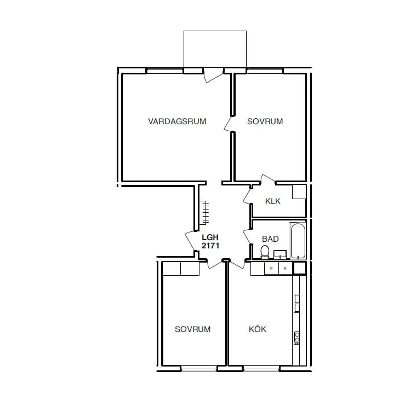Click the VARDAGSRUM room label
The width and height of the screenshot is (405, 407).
[177, 121]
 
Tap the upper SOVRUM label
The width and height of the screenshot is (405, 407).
[265, 121]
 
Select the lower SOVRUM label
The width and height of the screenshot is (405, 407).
[192, 329]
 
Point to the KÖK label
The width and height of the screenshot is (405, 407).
[258, 329]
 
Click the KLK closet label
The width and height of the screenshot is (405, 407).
[272, 201]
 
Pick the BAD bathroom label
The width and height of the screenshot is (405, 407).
[270, 239]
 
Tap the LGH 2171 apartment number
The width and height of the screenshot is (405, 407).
[210, 242]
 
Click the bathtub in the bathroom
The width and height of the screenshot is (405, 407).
[299, 241]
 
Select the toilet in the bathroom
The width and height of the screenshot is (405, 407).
[265, 252]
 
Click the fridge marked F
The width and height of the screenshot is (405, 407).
[271, 268]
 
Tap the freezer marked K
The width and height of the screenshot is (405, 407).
[285, 268]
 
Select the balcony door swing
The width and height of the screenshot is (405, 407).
[213, 76]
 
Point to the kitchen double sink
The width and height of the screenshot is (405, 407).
[297, 303]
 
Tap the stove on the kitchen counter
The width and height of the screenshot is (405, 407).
[297, 337]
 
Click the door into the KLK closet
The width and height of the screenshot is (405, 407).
[248, 196]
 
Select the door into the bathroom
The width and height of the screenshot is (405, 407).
[247, 237]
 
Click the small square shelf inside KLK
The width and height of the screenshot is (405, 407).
[299, 192]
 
